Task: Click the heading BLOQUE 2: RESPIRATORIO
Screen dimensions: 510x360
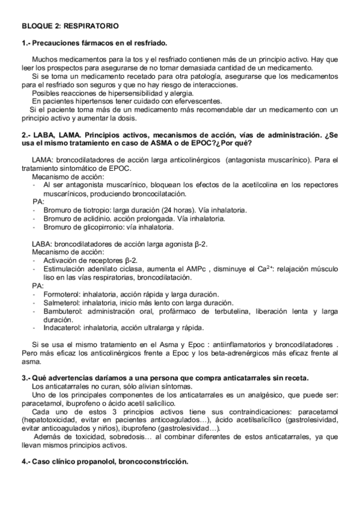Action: click(x=70, y=26)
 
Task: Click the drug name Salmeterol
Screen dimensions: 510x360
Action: click(x=61, y=303)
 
